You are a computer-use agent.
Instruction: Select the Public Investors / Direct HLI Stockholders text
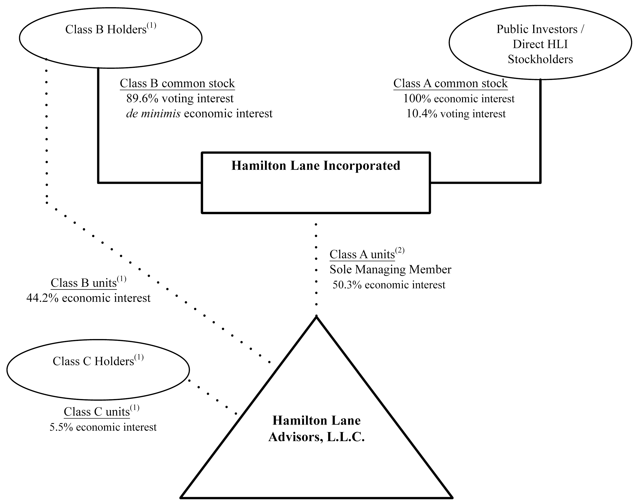(x=540, y=44)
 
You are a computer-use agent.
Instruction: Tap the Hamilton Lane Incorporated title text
(x=316, y=166)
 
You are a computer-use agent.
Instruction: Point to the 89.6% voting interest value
(x=180, y=99)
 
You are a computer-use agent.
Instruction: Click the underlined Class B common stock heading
(x=177, y=83)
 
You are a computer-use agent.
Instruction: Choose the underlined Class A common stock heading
(x=450, y=83)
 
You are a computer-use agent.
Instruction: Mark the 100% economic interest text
(x=459, y=99)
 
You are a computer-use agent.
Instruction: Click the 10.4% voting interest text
(x=456, y=114)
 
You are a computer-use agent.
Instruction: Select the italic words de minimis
(x=153, y=114)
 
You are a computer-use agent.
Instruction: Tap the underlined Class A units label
(x=362, y=254)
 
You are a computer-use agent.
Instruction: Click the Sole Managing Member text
(x=390, y=270)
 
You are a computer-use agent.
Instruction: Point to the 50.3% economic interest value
(x=389, y=285)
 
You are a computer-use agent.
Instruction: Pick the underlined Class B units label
(x=83, y=283)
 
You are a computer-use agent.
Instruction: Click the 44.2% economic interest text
(x=88, y=298)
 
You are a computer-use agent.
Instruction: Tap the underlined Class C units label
(x=97, y=412)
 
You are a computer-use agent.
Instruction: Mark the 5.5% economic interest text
(x=103, y=427)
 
